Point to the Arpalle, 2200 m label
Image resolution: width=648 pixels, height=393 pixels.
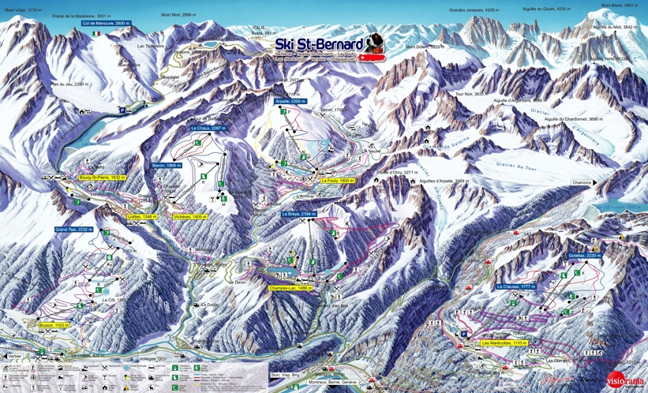[x=293, y=102]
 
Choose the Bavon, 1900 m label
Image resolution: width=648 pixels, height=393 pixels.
[x=167, y=165]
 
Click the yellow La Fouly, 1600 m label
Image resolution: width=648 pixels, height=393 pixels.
[x=339, y=181]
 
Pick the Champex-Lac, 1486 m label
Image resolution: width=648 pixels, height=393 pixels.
[x=290, y=288]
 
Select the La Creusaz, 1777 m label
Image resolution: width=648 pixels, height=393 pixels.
[x=516, y=286]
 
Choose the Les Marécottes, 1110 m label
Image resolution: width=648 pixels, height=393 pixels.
[x=504, y=343]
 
